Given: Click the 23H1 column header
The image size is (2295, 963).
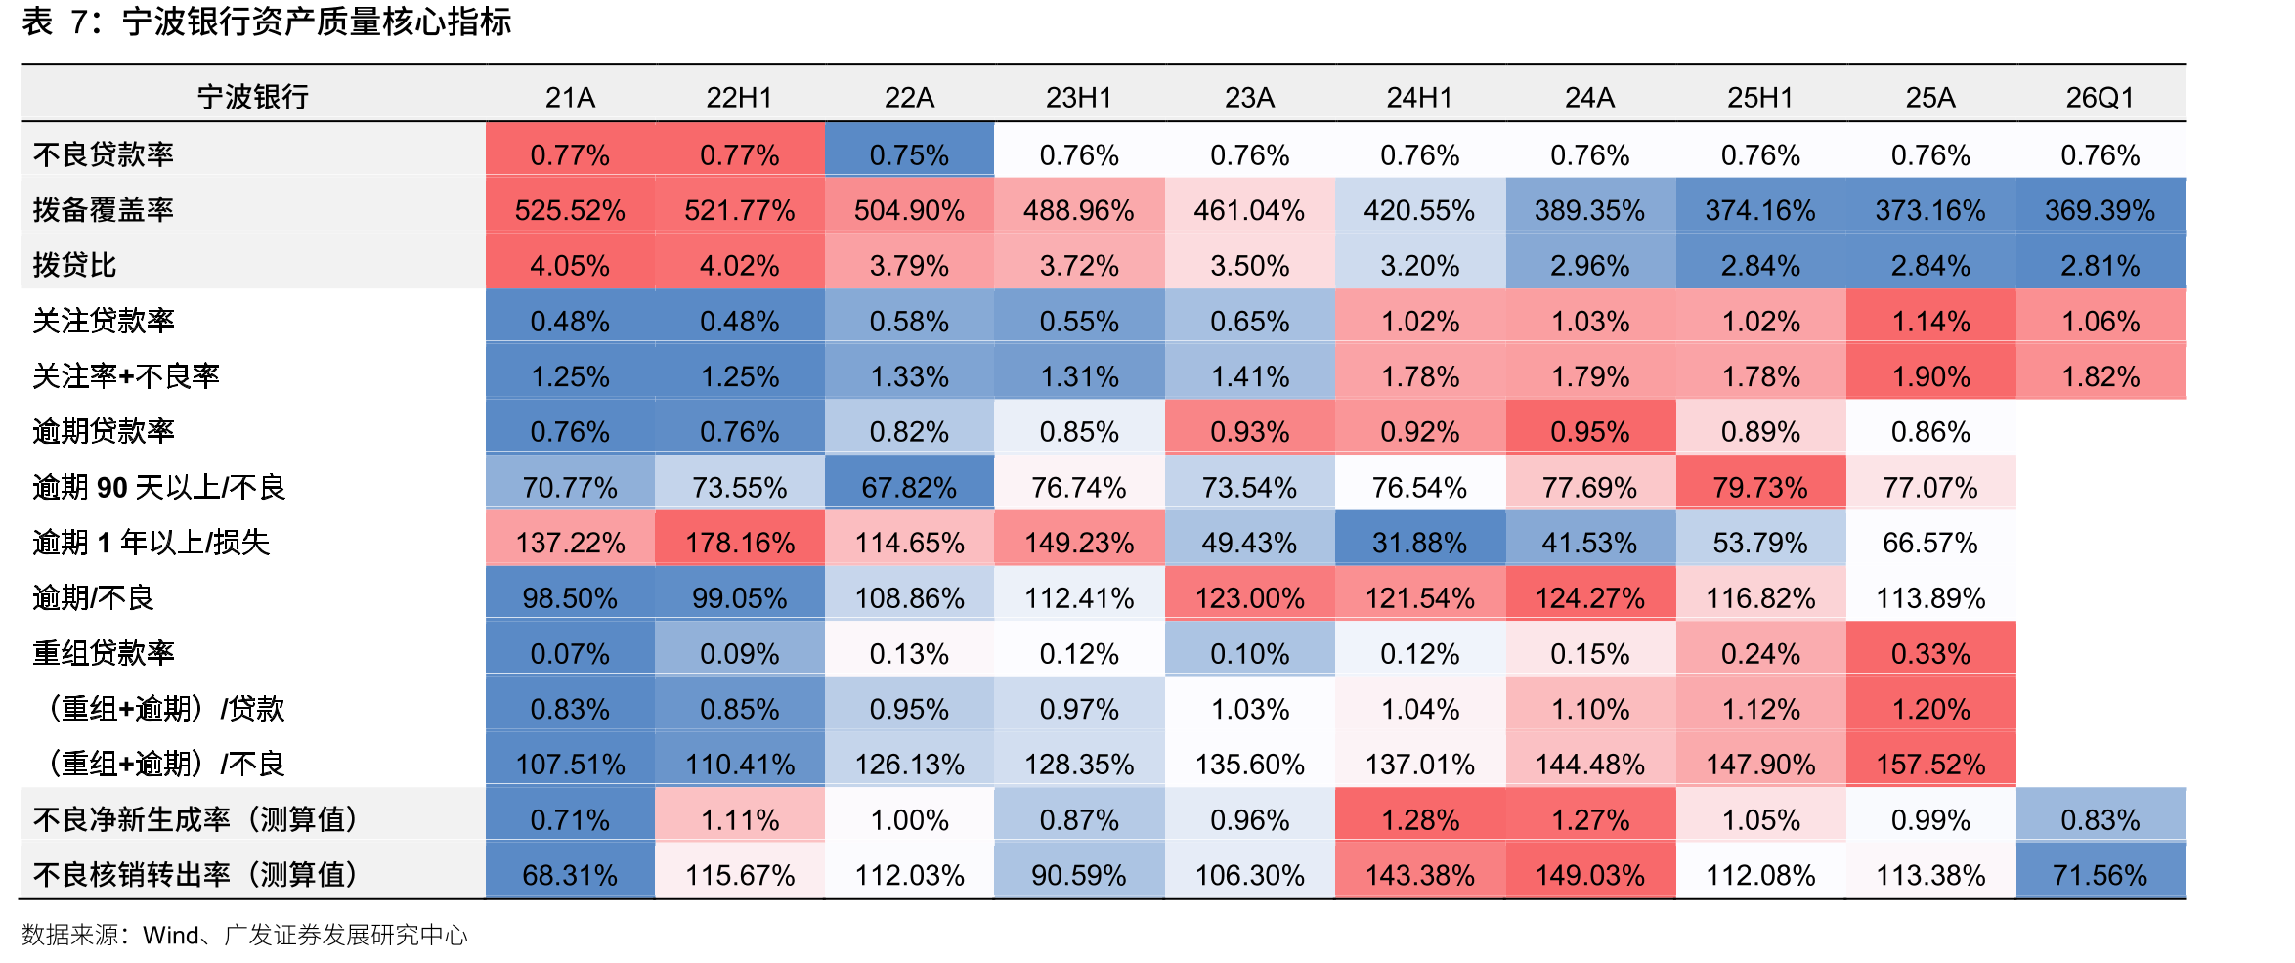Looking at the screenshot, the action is pos(1079,98).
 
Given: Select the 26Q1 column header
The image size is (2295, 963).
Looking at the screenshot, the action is pos(2100,98).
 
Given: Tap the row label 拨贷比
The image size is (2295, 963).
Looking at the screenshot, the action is pos(74,265).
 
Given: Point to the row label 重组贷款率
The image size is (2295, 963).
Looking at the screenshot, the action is pos(104,653).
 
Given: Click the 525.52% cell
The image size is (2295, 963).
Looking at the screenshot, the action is pos(570,210).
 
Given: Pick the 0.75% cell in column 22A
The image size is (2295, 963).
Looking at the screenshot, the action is pos(909,155).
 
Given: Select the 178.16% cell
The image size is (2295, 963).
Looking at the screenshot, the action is pos(740,543).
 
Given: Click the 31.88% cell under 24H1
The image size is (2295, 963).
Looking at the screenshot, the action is pos(1419,543).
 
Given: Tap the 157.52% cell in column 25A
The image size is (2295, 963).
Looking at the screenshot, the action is pos(1930,765).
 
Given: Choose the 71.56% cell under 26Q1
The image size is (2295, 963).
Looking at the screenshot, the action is pos(2100,875).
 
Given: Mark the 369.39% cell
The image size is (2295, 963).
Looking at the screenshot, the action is pos(2100,210).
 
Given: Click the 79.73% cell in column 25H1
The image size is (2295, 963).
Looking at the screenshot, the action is pos(1760,487).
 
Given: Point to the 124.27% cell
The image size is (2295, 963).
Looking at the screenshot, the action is pos(1590,598).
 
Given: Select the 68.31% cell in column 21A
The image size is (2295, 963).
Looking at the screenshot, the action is pos(570,875).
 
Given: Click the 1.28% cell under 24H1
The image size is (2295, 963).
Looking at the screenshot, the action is pos(1419,820).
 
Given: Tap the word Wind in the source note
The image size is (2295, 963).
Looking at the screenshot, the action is pos(171,936).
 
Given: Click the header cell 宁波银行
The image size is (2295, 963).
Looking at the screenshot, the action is pos(253,98).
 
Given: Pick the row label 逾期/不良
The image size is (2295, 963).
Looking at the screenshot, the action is pos(93,597).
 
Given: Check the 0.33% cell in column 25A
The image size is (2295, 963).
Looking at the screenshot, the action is pos(1930,654).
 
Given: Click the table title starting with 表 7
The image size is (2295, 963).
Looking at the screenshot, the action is pos(267,22).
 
